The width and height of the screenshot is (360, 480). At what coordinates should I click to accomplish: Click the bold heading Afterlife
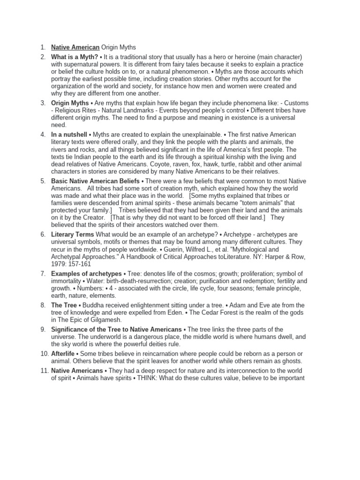(x=63, y=353)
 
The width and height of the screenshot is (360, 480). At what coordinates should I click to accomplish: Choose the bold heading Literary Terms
(x=73, y=234)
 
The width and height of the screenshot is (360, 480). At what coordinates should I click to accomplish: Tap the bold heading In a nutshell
(x=69, y=135)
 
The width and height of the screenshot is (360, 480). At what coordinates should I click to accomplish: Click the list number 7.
(x=43, y=274)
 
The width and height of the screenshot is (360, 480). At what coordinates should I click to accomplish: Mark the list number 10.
(x=43, y=353)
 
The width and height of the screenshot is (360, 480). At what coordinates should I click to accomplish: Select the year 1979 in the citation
(x=60, y=264)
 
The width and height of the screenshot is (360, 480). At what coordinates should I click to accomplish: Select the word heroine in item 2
(x=211, y=57)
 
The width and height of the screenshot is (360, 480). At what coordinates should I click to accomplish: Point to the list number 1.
(x=43, y=47)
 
